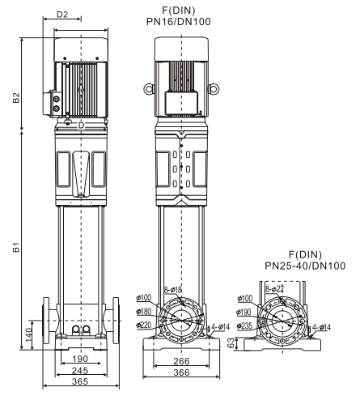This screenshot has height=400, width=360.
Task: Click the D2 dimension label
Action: pyautogui.click(x=62, y=15)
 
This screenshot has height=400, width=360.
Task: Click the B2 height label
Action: pyautogui.click(x=16, y=98)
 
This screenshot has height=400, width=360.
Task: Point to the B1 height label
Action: pyautogui.click(x=16, y=247)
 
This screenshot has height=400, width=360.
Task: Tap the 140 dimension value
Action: pyautogui.click(x=29, y=335)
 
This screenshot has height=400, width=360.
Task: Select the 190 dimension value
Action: pyautogui.click(x=80, y=359)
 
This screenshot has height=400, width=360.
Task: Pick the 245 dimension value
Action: pyautogui.click(x=80, y=370)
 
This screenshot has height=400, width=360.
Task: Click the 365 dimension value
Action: pyautogui.click(x=80, y=381)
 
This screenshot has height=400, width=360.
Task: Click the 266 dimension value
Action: pyautogui.click(x=181, y=361)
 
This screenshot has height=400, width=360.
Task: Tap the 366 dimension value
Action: pyautogui.click(x=181, y=372)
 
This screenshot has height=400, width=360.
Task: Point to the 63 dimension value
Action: pyautogui.click(x=231, y=343)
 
